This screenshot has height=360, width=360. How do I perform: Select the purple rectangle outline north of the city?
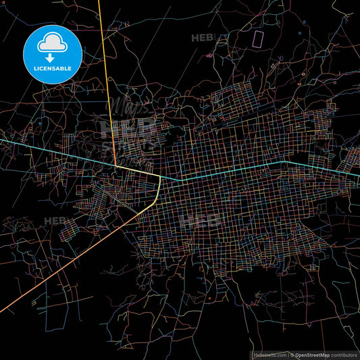point(257,37)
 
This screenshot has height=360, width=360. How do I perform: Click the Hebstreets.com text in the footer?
point(269,355)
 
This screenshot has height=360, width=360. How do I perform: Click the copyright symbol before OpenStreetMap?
point(291,355)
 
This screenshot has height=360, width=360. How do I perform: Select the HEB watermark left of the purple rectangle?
point(203,38)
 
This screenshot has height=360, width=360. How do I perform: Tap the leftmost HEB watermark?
point(56,220)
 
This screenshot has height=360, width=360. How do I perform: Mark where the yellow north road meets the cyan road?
point(115,164)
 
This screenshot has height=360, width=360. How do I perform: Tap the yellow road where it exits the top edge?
point(99,1)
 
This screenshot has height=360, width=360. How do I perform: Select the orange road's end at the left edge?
point(1,311)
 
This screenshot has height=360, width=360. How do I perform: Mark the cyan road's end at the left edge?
point(1,139)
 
